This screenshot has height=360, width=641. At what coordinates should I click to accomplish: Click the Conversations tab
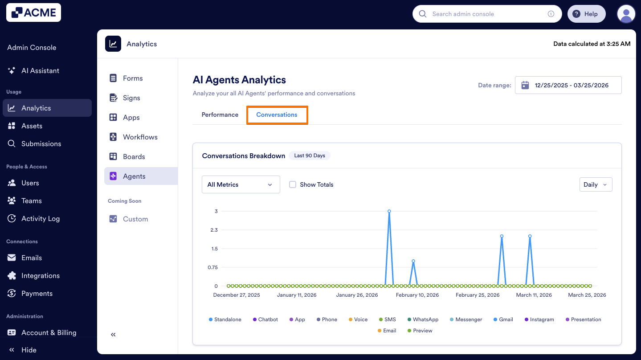pos(277,115)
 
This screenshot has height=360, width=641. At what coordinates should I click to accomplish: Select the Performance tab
pos(220,115)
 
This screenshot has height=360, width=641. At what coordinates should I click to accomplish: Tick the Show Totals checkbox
pos(293,184)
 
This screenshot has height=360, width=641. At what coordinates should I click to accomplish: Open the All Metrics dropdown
pos(241,184)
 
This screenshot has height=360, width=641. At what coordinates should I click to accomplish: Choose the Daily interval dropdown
pos(596,184)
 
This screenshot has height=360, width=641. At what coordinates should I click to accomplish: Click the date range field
pos(568,85)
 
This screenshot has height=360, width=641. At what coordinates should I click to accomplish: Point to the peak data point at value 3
pos(389,211)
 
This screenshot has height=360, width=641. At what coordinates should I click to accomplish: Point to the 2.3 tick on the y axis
pos(214,230)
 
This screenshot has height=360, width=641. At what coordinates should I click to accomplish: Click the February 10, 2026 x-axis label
pos(417,295)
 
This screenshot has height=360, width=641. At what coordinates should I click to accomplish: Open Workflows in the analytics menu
pos(140,137)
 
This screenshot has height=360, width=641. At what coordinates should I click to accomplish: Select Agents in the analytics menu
pos(134,176)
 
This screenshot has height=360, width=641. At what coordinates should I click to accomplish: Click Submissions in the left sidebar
pos(41,144)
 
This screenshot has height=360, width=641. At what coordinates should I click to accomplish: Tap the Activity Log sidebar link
pos(40,219)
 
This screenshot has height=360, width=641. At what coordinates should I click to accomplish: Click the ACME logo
pos(33,13)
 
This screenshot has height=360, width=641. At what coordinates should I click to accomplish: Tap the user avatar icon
pos(626,14)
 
